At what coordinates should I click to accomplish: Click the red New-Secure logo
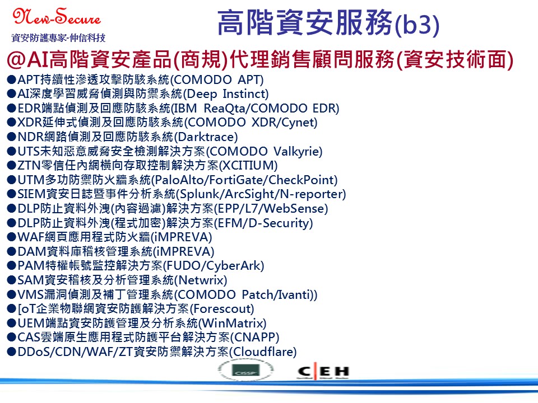pyautogui.click(x=57, y=16)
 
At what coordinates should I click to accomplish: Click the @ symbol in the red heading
pyautogui.click(x=16, y=59)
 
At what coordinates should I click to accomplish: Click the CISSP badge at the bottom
pyautogui.click(x=247, y=371)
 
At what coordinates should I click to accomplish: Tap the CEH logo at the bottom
pyautogui.click(x=323, y=372)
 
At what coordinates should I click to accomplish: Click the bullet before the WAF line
pyautogui.click(x=12, y=237)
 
